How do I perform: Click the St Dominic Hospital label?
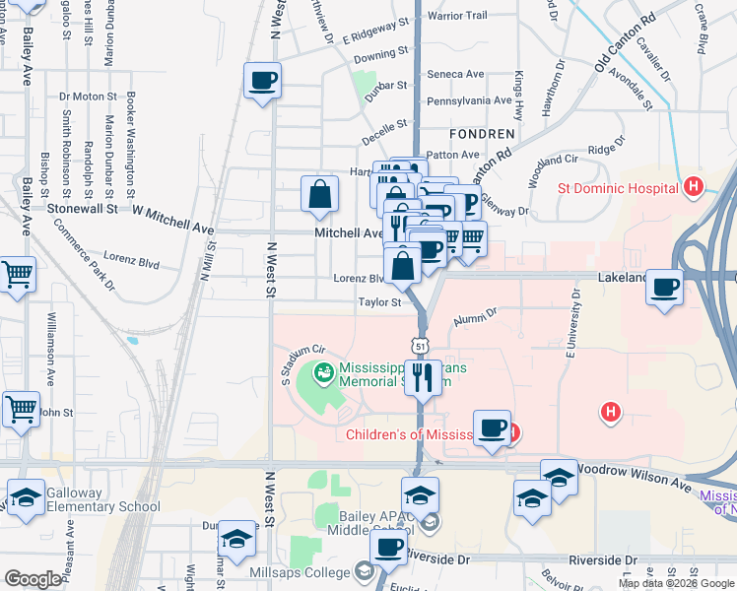pyautogui.click(x=615, y=186)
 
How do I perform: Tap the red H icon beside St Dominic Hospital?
pyautogui.click(x=694, y=186)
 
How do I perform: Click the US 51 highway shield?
pyautogui.click(x=421, y=346)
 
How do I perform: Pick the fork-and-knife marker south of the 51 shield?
pyautogui.click(x=424, y=376)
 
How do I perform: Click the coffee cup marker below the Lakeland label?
pyautogui.click(x=665, y=287)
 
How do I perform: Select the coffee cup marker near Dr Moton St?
pyautogui.click(x=263, y=81)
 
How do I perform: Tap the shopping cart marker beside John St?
pyautogui.click(x=20, y=408)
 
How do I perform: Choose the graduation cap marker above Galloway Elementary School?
pyautogui.click(x=27, y=496)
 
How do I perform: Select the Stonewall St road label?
pyautogui.click(x=84, y=209)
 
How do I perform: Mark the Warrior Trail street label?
pyautogui.click(x=457, y=16)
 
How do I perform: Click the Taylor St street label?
pyautogui.click(x=379, y=302)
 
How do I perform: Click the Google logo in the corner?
pyautogui.click(x=33, y=579)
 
